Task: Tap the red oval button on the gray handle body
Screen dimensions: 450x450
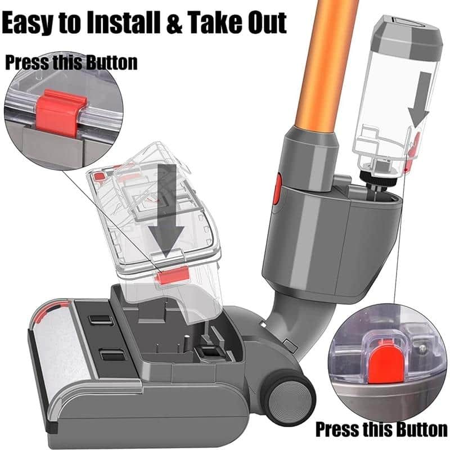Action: click(x=277, y=188)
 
